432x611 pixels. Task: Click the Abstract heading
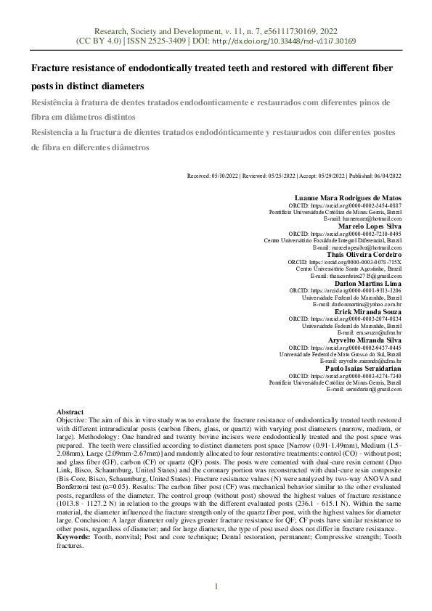[x=70, y=411]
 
